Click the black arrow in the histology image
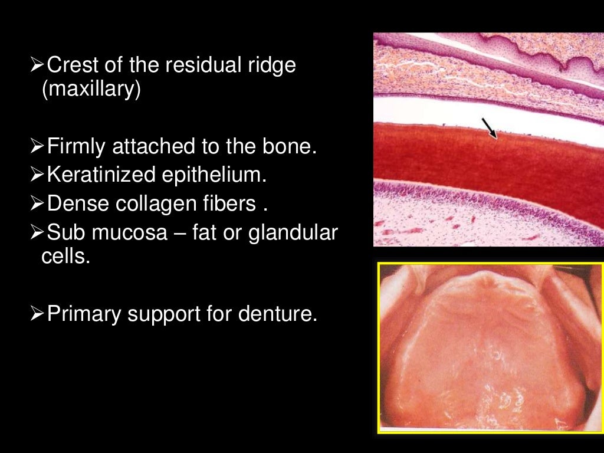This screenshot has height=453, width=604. (x=489, y=128)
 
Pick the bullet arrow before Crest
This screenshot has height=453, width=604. (x=37, y=65)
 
